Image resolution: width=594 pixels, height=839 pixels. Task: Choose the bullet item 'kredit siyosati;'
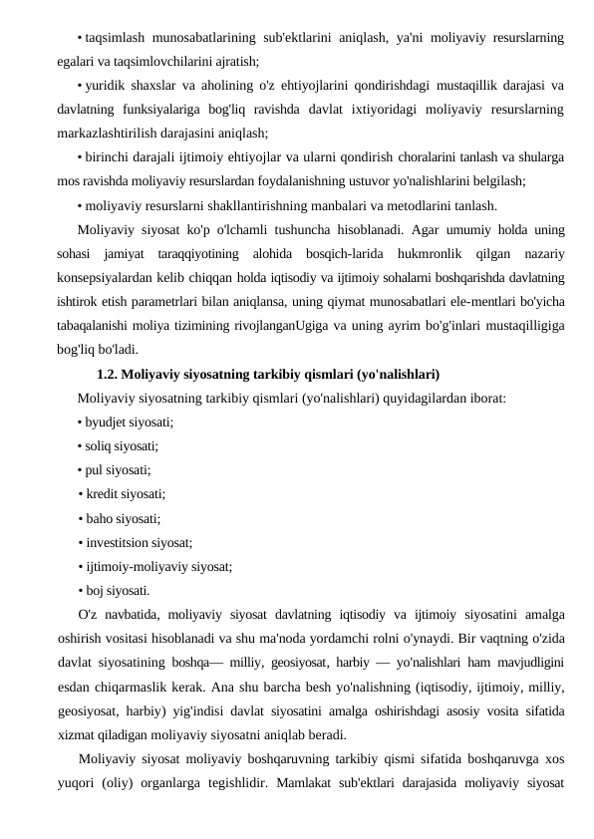125,493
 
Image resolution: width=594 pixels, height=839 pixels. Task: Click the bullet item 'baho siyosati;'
122,518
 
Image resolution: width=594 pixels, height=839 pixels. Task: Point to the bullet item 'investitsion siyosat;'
139,543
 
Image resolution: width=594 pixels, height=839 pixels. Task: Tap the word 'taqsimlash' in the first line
116,38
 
